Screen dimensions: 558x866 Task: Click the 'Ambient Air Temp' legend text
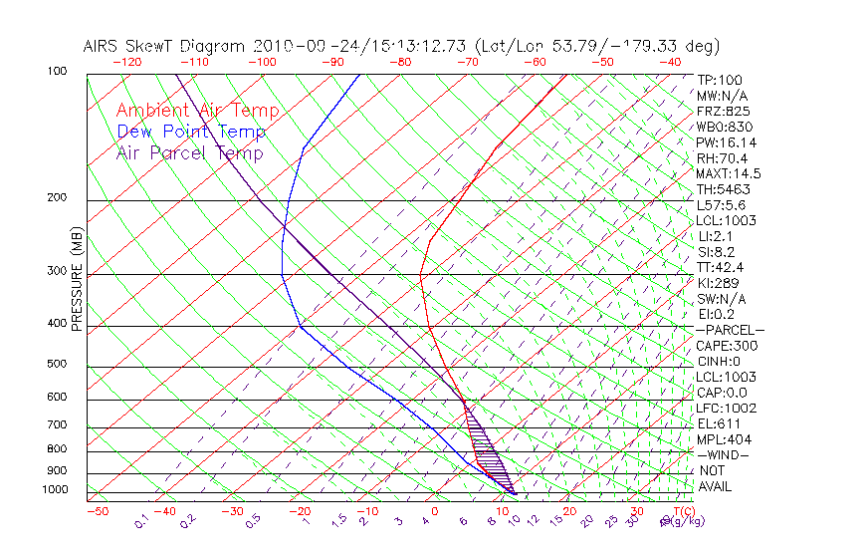(197, 111)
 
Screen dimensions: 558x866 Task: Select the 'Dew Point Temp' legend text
(191, 132)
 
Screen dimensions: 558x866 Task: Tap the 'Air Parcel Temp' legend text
(189, 152)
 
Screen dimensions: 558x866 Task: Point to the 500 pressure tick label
(58, 364)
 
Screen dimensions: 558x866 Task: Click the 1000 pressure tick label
(55, 490)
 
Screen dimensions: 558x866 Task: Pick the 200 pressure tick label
(58, 197)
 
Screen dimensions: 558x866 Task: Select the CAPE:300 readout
(727, 346)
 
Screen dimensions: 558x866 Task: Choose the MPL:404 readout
(724, 439)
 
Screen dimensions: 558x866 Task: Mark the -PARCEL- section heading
(730, 330)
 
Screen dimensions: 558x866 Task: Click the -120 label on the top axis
(126, 62)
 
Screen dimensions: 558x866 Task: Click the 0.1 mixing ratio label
(141, 520)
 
